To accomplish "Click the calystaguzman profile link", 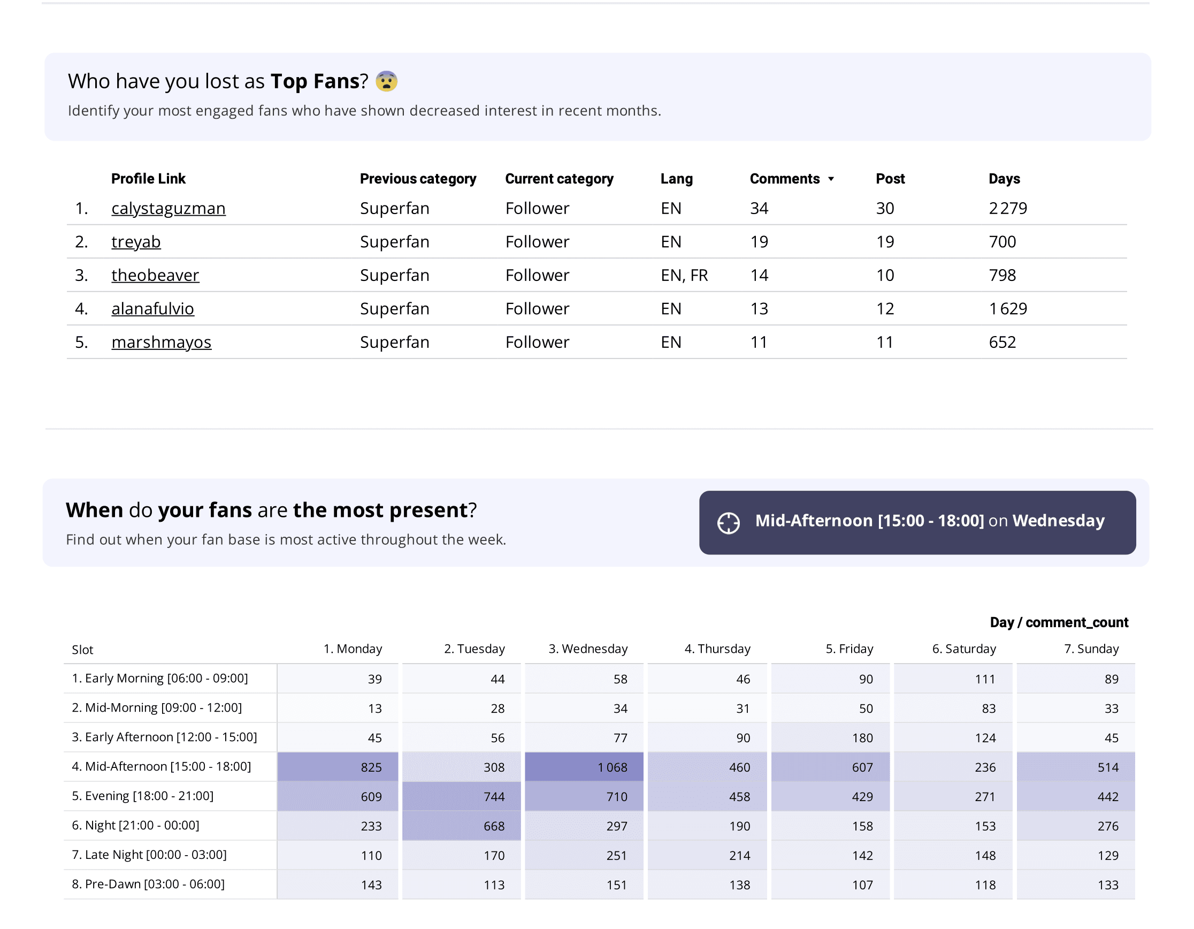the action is (x=169, y=208).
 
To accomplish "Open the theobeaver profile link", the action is (x=155, y=275).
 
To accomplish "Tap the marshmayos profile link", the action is (x=161, y=342).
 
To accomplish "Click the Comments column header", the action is (x=785, y=179).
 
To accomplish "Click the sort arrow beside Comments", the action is (x=831, y=179).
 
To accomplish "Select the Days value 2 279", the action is (x=1008, y=208).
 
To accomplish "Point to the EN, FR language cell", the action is (x=684, y=275).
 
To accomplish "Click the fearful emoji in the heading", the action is (x=387, y=81).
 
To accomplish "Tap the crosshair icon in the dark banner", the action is (x=728, y=523).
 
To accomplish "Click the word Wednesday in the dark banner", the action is (x=1059, y=521).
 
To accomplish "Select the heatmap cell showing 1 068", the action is (x=584, y=767).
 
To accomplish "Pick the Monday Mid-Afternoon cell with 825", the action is (x=338, y=767).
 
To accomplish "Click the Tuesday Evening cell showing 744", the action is (x=462, y=796).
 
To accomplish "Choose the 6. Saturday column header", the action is (x=964, y=649).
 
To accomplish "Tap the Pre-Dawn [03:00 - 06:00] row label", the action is (x=148, y=884).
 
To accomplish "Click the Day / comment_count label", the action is (x=1059, y=622).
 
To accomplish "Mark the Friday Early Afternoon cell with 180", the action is (x=830, y=737).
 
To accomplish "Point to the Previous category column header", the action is (x=418, y=179).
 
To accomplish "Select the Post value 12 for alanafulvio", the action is (x=885, y=309).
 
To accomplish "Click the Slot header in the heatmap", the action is (x=82, y=650).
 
